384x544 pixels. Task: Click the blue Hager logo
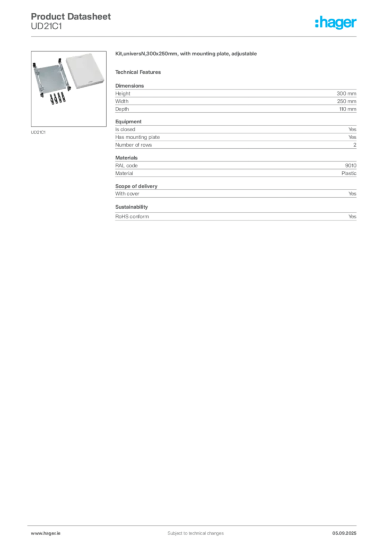point(336,23)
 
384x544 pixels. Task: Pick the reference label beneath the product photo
point(38,132)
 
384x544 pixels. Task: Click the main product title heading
point(187,55)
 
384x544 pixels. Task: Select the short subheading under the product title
point(140,72)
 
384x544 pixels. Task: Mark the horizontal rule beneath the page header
point(195,37)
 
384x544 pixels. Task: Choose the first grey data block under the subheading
point(237,98)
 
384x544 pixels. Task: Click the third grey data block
point(237,167)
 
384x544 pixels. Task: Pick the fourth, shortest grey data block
point(237,192)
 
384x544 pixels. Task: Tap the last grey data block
point(237,216)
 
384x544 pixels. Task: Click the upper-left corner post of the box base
point(36,66)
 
